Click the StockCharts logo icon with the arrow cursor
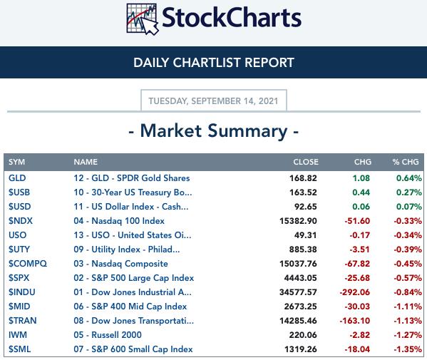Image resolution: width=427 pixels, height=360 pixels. click(143, 19)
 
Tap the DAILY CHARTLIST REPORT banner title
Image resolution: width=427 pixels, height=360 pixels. click(214, 62)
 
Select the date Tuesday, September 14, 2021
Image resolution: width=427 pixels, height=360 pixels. click(214, 101)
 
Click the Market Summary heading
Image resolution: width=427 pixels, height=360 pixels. click(214, 131)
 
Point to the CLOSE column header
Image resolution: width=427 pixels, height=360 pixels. click(306, 162)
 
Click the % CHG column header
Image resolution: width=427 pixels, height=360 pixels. click(406, 162)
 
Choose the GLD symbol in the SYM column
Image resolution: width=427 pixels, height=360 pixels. click(17, 178)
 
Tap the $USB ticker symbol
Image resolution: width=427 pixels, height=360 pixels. click(19, 192)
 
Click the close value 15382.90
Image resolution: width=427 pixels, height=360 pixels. click(298, 221)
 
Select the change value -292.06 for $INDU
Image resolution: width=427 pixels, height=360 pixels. click(355, 292)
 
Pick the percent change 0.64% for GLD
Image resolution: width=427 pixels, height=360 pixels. click(409, 178)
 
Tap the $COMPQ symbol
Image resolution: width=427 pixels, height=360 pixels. click(28, 264)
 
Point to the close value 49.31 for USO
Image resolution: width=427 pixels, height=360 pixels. click(306, 235)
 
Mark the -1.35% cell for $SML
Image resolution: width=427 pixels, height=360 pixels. click(408, 349)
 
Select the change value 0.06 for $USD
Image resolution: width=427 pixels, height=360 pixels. click(361, 207)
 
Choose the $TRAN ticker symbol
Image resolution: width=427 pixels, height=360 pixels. click(22, 321)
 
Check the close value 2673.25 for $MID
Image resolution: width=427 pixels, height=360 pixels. click(301, 307)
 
